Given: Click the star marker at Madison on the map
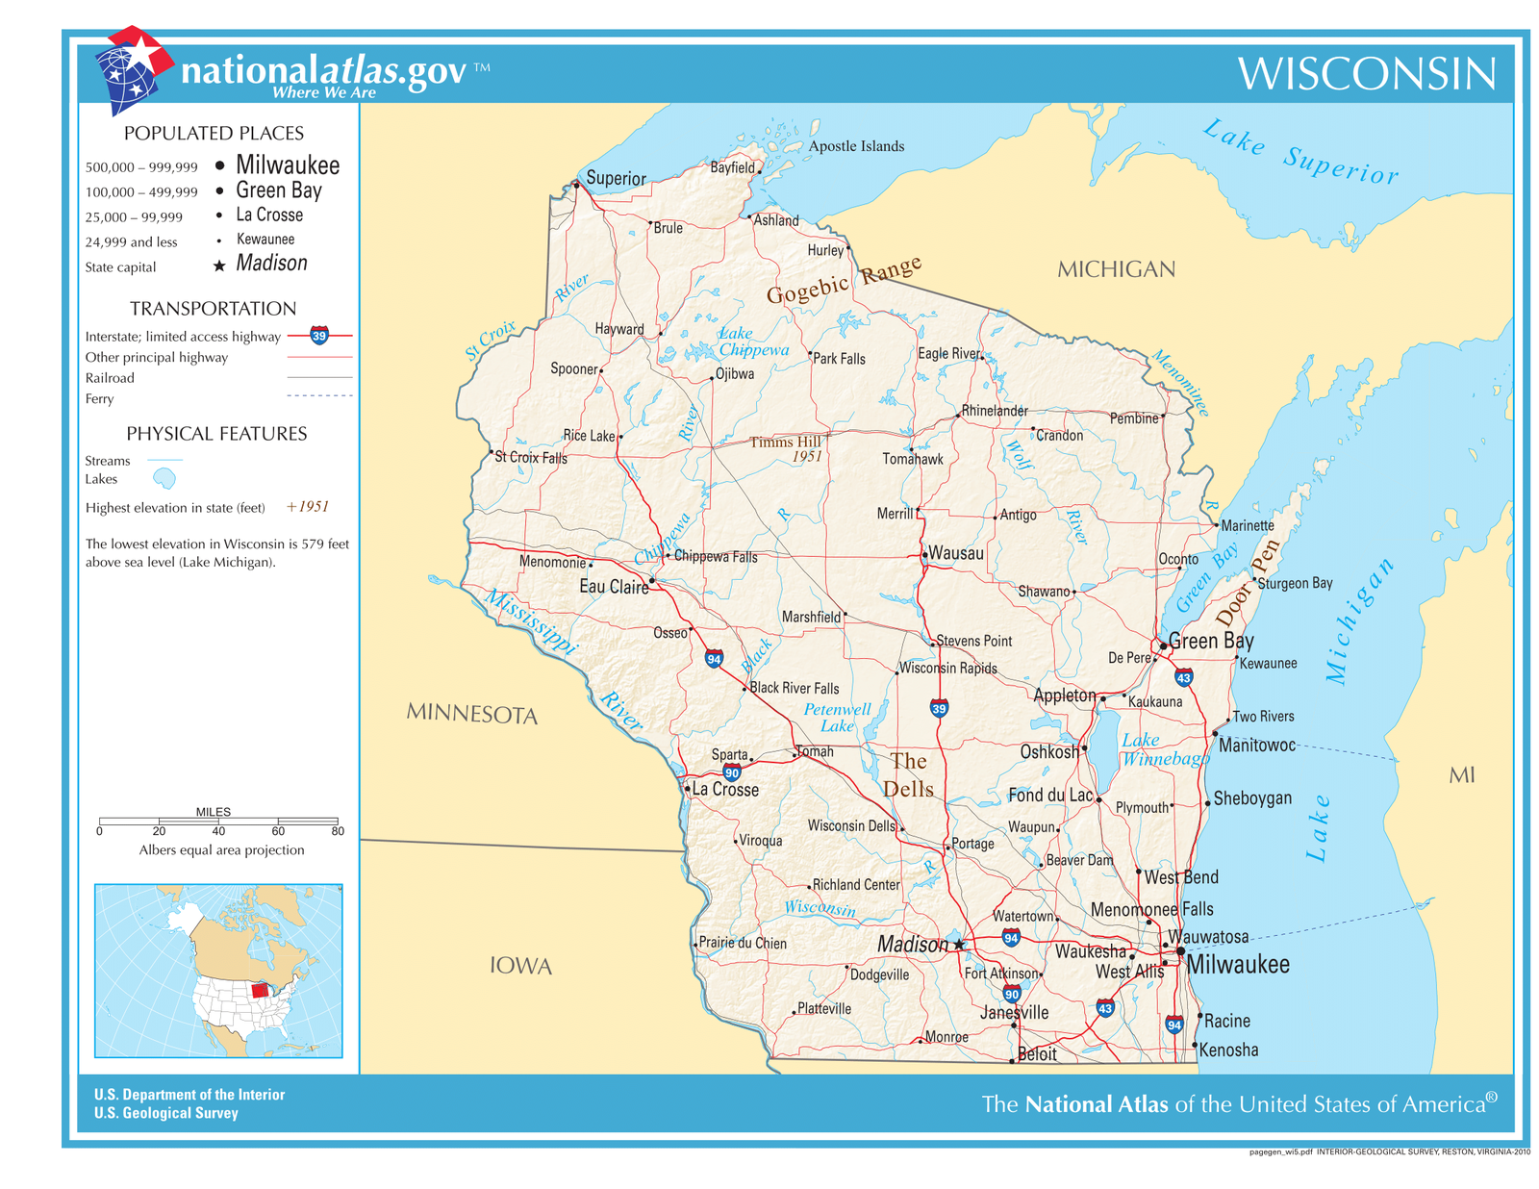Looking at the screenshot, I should [x=959, y=945].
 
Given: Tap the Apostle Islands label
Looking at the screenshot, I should [x=855, y=146].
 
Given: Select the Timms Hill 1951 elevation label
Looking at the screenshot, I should [x=788, y=448].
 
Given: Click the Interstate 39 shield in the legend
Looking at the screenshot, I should [x=319, y=336].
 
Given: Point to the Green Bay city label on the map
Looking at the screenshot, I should [x=1210, y=641].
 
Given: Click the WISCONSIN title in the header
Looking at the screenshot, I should [x=1366, y=74].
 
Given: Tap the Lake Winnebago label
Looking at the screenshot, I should [x=1162, y=749].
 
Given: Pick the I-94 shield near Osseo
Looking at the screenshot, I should [x=714, y=659].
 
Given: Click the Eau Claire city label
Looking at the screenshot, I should [x=614, y=587].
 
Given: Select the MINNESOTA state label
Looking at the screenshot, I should [x=471, y=714].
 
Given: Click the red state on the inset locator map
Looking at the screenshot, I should [x=260, y=990].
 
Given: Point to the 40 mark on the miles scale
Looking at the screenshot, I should [x=218, y=830].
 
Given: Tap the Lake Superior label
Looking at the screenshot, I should [x=1300, y=152].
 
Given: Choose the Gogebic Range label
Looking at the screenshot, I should [x=844, y=280].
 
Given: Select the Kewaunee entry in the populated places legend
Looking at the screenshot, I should [x=265, y=240].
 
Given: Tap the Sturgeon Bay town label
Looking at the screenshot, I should [x=1295, y=583].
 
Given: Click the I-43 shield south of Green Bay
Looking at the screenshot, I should [x=1183, y=677].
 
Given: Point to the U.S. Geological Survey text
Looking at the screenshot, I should [x=165, y=1113].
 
